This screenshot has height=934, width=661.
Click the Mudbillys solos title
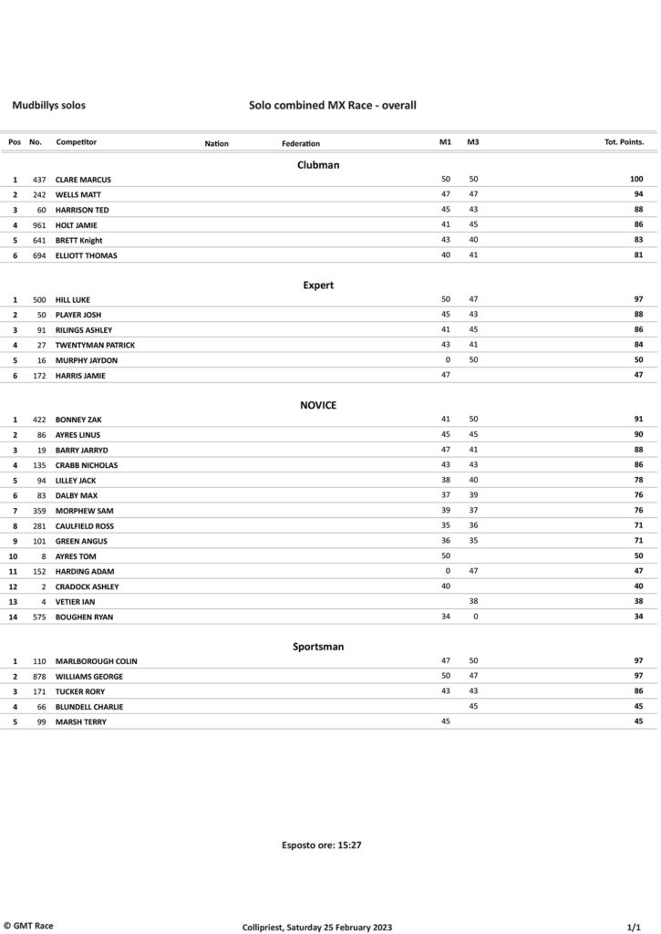tap(48, 106)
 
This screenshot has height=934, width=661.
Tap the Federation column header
tap(301, 143)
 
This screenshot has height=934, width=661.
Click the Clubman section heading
tap(318, 165)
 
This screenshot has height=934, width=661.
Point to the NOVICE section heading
tap(318, 405)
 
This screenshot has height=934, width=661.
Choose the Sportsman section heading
tap(318, 646)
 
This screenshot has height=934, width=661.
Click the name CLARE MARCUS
tap(83, 180)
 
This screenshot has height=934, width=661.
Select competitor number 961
tap(39, 225)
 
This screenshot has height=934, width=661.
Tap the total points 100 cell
tap(635, 180)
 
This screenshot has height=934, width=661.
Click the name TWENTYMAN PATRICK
tap(95, 345)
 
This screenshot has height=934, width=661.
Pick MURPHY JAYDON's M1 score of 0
tap(448, 360)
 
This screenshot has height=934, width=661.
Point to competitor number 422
tap(39, 420)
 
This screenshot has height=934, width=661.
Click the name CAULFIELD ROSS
tap(88, 526)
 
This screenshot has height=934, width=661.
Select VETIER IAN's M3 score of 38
tap(473, 602)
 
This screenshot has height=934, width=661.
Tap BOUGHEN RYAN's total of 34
tap(638, 617)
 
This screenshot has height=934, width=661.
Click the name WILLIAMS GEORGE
tap(89, 677)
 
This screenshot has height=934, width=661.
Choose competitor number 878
tap(39, 677)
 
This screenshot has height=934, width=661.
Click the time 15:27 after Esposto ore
tap(350, 846)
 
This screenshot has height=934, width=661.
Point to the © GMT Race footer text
tap(28, 926)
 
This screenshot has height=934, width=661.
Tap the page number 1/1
tap(636, 927)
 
